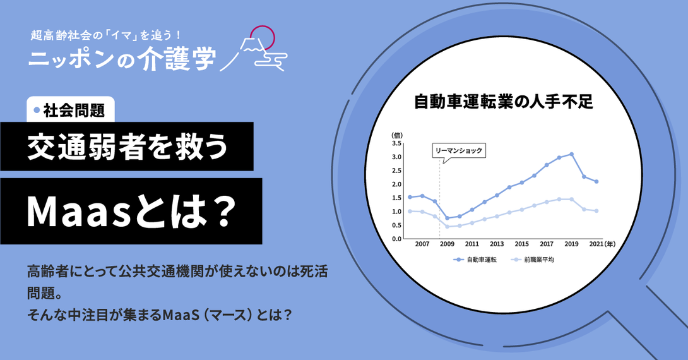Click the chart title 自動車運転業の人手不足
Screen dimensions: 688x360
pyautogui.click(x=503, y=102)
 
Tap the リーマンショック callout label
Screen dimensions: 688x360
pyautogui.click(x=458, y=150)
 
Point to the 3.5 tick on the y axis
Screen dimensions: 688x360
pyautogui.click(x=396, y=143)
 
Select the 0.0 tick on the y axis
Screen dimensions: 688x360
pyautogui.click(x=396, y=239)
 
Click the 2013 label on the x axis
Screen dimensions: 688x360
pyautogui.click(x=497, y=244)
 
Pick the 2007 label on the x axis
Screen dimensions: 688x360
pyautogui.click(x=422, y=244)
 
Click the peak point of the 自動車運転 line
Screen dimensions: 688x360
pyautogui.click(x=571, y=154)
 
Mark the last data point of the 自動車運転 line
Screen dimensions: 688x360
pyautogui.click(x=596, y=181)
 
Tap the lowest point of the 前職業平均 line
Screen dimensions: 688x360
pyautogui.click(x=447, y=227)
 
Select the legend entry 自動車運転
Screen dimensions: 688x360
pyautogui.click(x=475, y=260)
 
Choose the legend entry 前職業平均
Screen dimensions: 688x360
pyautogui.click(x=533, y=260)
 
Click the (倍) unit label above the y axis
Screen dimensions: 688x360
pyautogui.click(x=396, y=135)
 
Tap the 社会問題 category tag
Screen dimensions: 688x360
pyautogui.click(x=71, y=110)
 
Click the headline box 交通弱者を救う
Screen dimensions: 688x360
pyautogui.click(x=127, y=146)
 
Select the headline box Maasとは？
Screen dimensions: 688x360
pyautogui.click(x=131, y=211)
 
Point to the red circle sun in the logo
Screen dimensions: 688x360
pyautogui.click(x=262, y=37)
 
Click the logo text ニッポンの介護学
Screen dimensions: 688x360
pyautogui.click(x=122, y=58)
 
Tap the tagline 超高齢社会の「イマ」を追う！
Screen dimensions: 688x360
pyautogui.click(x=106, y=35)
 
